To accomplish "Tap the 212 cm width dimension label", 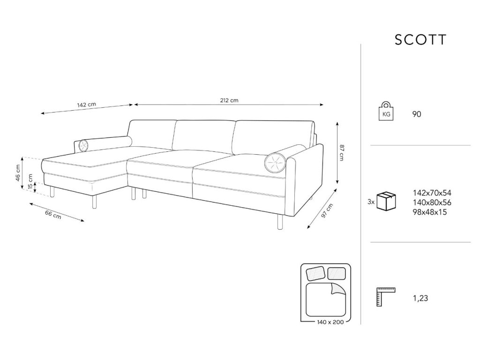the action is (229, 100).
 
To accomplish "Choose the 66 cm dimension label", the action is (52, 215).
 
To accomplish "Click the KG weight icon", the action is (386, 112).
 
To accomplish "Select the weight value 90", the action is (417, 114).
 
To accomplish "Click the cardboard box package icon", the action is (386, 201).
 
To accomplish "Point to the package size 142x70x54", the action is (432, 193).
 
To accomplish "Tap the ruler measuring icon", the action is (386, 296).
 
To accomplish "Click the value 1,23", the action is (420, 298).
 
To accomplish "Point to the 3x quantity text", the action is (371, 202).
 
